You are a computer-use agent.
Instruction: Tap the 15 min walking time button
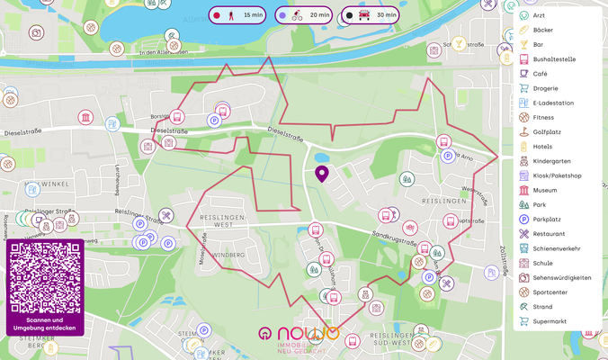pyautogui.click(x=237, y=15)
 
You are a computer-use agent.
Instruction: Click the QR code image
pyautogui.click(x=44, y=277)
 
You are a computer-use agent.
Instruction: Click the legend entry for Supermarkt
pyautogui.click(x=550, y=321)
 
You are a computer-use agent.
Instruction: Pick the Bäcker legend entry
pyautogui.click(x=543, y=30)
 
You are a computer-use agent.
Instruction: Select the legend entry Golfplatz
pyautogui.click(x=547, y=131)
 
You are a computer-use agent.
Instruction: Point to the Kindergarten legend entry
pyautogui.click(x=550, y=161)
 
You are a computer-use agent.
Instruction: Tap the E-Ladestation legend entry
pyautogui.click(x=552, y=103)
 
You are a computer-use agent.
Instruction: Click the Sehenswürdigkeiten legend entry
pyautogui.click(x=561, y=277)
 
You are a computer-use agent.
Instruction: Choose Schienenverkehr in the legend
pyautogui.click(x=556, y=248)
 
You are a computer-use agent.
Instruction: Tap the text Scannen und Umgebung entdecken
pyautogui.click(x=44, y=324)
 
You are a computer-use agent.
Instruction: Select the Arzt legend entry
pyautogui.click(x=538, y=15)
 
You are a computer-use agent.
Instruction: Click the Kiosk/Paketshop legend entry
pyautogui.click(x=557, y=175)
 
